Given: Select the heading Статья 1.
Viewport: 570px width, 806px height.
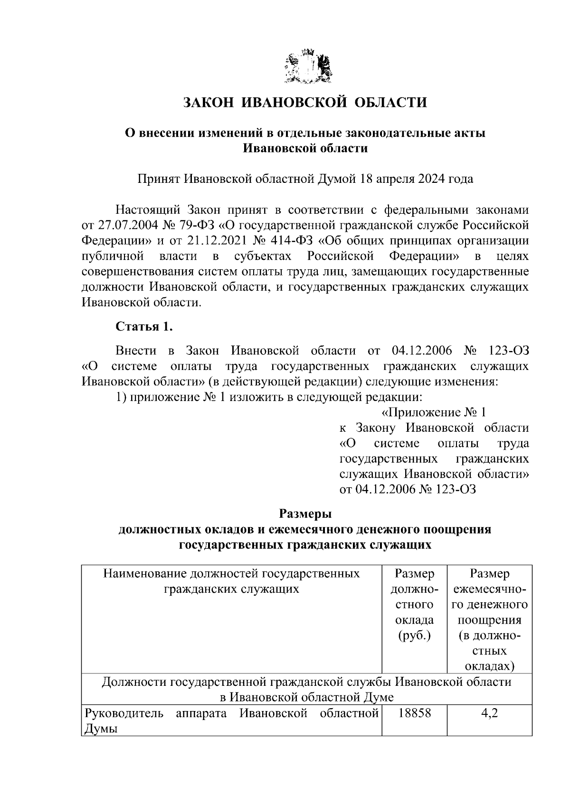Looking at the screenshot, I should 144,327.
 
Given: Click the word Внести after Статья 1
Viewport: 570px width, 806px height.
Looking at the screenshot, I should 136,351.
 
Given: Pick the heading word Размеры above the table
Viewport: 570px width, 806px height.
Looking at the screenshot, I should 304,514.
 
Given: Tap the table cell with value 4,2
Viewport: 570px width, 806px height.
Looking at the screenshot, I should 489,713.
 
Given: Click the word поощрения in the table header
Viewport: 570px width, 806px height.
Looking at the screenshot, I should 489,620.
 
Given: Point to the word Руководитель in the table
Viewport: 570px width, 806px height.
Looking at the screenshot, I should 123,713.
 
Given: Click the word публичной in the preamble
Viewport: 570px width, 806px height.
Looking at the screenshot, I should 113,256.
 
